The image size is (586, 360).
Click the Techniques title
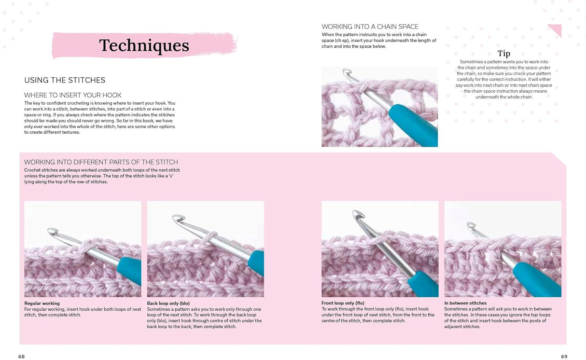click(144, 45)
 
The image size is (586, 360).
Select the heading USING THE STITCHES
click(65, 80)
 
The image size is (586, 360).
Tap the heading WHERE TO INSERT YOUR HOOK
click(73, 95)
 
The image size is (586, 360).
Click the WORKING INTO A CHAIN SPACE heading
click(370, 27)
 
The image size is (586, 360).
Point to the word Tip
click(503, 54)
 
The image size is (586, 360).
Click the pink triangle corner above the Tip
click(556, 29)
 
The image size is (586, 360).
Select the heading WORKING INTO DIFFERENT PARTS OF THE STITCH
click(101, 162)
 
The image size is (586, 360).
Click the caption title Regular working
click(42, 304)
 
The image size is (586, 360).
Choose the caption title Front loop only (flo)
click(343, 304)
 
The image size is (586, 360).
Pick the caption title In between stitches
click(465, 304)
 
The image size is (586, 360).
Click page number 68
click(21, 356)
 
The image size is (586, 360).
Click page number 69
click(564, 356)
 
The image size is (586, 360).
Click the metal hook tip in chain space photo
click(345, 73)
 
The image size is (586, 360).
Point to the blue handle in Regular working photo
click(128, 270)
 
